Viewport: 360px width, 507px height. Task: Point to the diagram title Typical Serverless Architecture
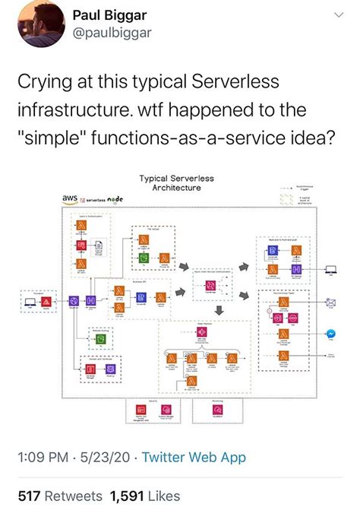tap(176, 182)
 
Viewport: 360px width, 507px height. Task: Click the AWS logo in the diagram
tap(70, 198)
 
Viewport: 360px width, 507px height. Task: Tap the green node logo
tap(115, 198)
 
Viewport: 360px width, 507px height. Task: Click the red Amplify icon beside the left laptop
tap(47, 302)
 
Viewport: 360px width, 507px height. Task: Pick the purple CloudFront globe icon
tap(74, 302)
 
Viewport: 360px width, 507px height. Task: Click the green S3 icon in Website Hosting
tap(99, 340)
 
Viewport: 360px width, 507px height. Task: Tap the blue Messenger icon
tap(331, 333)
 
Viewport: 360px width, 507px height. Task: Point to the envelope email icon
tap(331, 302)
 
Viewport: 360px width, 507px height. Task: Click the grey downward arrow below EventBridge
tap(219, 310)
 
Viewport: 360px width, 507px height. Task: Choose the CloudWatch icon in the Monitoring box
tap(219, 410)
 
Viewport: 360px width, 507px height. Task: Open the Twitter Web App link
tap(194, 458)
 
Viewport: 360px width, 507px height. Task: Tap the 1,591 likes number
tap(128, 496)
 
